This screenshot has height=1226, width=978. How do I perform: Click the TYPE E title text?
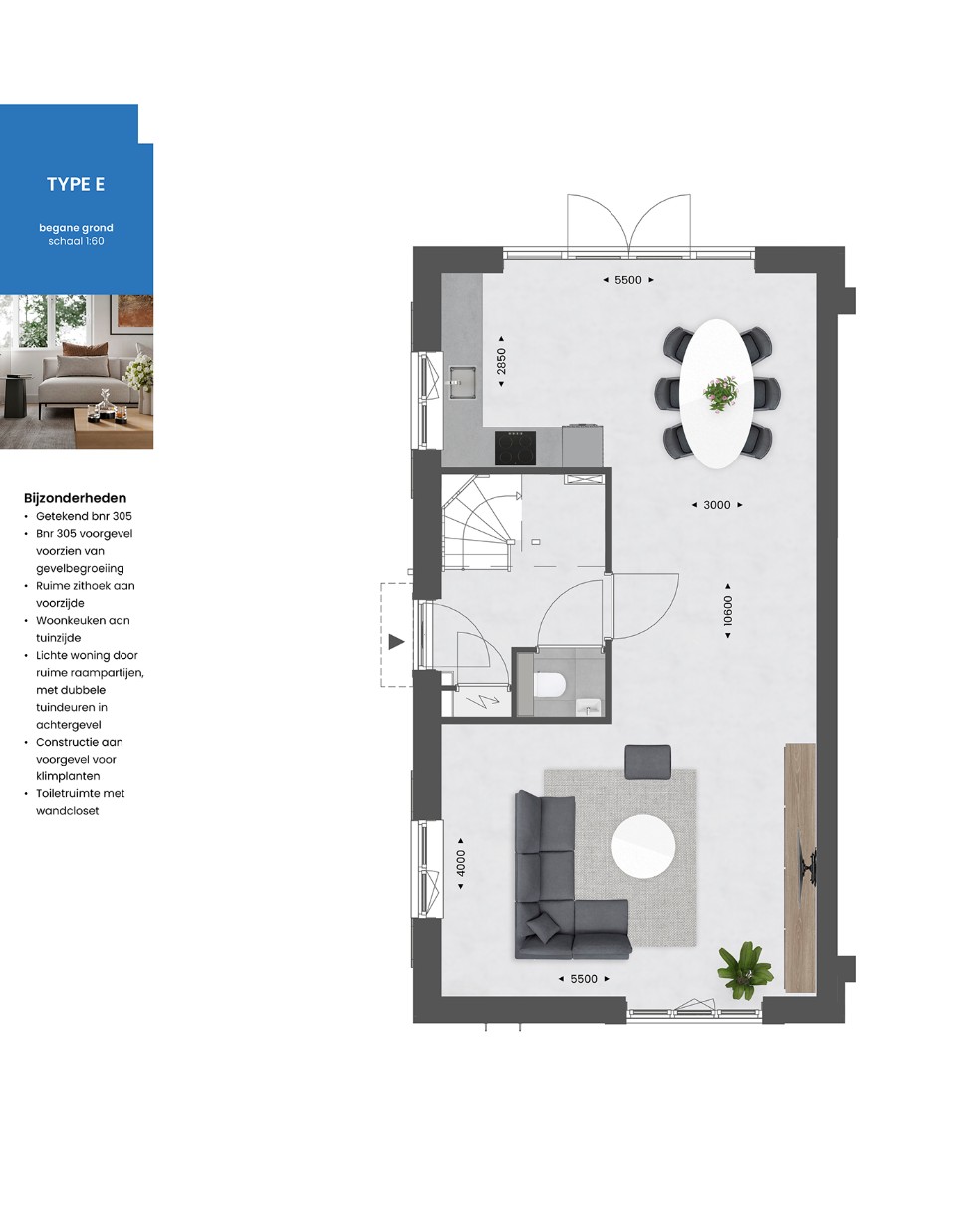(x=76, y=184)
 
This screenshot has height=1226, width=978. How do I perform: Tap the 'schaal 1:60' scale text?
(x=76, y=241)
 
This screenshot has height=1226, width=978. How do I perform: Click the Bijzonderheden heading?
(x=75, y=498)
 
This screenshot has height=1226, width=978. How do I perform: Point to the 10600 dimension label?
(x=727, y=610)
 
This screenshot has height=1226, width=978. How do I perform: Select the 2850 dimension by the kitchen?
(x=501, y=361)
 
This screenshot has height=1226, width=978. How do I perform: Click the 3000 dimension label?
(x=717, y=505)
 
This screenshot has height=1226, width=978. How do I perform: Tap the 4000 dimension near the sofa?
(x=460, y=863)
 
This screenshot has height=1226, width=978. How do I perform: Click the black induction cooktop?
(x=515, y=448)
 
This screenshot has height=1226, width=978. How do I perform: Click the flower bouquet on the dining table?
(x=721, y=393)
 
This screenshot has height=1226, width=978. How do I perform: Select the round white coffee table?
(x=643, y=847)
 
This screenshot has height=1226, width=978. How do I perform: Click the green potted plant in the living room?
(x=745, y=969)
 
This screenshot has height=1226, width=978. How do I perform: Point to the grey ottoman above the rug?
(x=647, y=762)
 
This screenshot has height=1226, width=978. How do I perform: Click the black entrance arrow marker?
(x=396, y=642)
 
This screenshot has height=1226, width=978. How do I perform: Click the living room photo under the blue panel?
(x=77, y=372)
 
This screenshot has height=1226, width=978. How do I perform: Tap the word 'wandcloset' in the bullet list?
(x=67, y=811)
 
